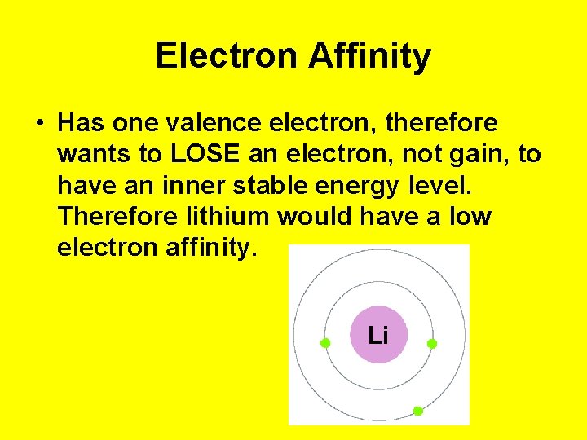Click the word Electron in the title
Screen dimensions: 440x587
[x=227, y=56]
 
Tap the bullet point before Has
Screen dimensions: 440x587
[x=39, y=124]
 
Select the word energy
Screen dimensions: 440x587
[x=355, y=186]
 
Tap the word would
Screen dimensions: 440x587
[x=311, y=216]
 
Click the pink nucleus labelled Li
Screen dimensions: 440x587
[x=378, y=335]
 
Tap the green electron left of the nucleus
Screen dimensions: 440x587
[x=324, y=344]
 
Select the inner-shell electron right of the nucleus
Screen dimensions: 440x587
[x=432, y=344]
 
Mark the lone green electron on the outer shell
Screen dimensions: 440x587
[x=418, y=411]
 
